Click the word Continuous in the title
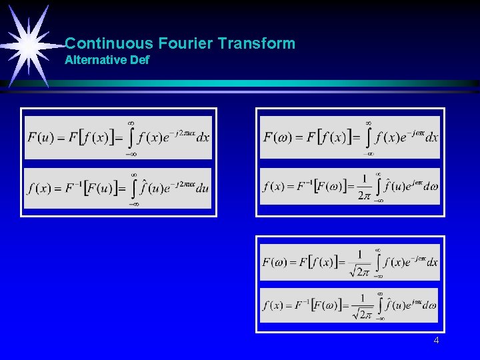[109, 44]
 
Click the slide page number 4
[436, 341]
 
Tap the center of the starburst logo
[28, 43]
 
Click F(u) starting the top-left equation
[40, 138]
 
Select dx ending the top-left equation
[203, 138]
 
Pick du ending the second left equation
[203, 187]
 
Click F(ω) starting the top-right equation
[279, 138]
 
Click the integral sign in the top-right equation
[368, 138]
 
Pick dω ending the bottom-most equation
[429, 306]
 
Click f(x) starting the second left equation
[39, 187]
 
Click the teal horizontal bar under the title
[267, 83]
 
